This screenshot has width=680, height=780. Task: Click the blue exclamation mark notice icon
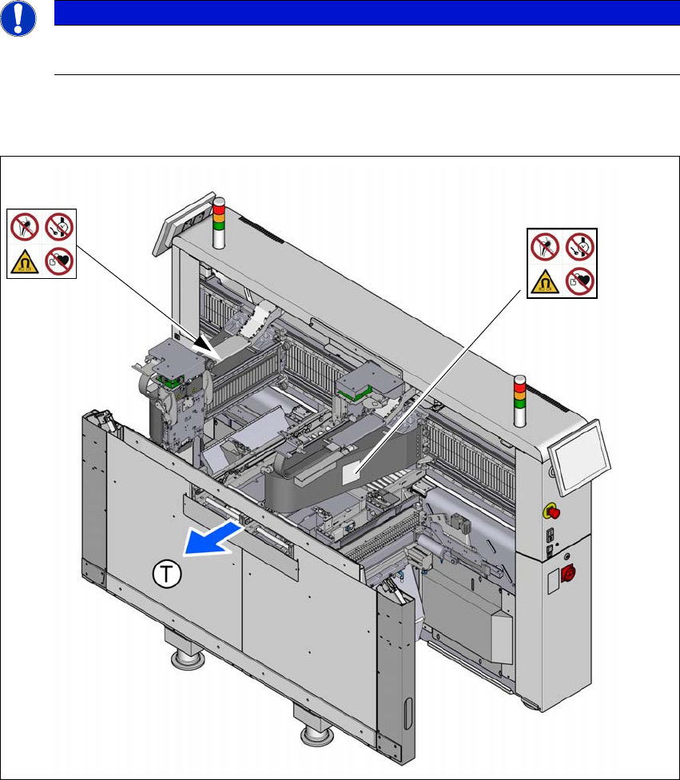click(x=18, y=18)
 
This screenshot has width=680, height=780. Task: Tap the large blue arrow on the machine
click(x=213, y=538)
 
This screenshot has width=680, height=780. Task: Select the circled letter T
click(x=167, y=574)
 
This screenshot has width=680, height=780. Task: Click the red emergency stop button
click(x=552, y=511)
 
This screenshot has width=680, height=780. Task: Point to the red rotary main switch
click(x=567, y=574)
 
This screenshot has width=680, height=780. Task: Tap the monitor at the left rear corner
click(x=184, y=223)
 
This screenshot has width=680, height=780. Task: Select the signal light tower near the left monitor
click(x=219, y=223)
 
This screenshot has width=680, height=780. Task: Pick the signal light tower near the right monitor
click(x=520, y=401)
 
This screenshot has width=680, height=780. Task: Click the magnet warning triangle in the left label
click(x=25, y=262)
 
